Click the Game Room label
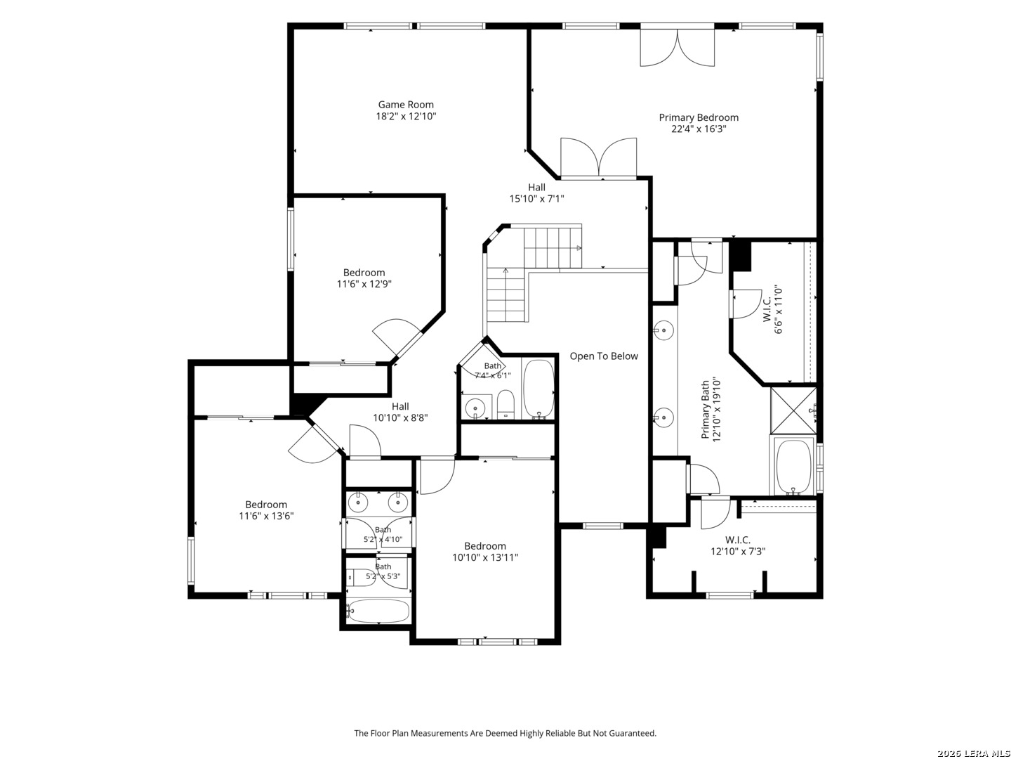[405, 105]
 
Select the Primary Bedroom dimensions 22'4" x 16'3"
[699, 129]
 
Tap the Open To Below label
[603, 356]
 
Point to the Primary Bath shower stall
[793, 410]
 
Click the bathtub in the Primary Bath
[793, 467]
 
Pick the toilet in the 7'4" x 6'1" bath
[505, 403]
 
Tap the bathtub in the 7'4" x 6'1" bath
[538, 389]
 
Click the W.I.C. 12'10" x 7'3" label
[737, 545]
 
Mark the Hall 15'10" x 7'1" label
[536, 193]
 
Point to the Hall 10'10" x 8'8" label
[399, 412]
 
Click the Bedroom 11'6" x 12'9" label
[364, 278]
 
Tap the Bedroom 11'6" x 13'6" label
[266, 510]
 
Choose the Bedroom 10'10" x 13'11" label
[484, 552]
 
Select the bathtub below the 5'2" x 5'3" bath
[378, 611]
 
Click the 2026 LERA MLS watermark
[972, 753]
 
